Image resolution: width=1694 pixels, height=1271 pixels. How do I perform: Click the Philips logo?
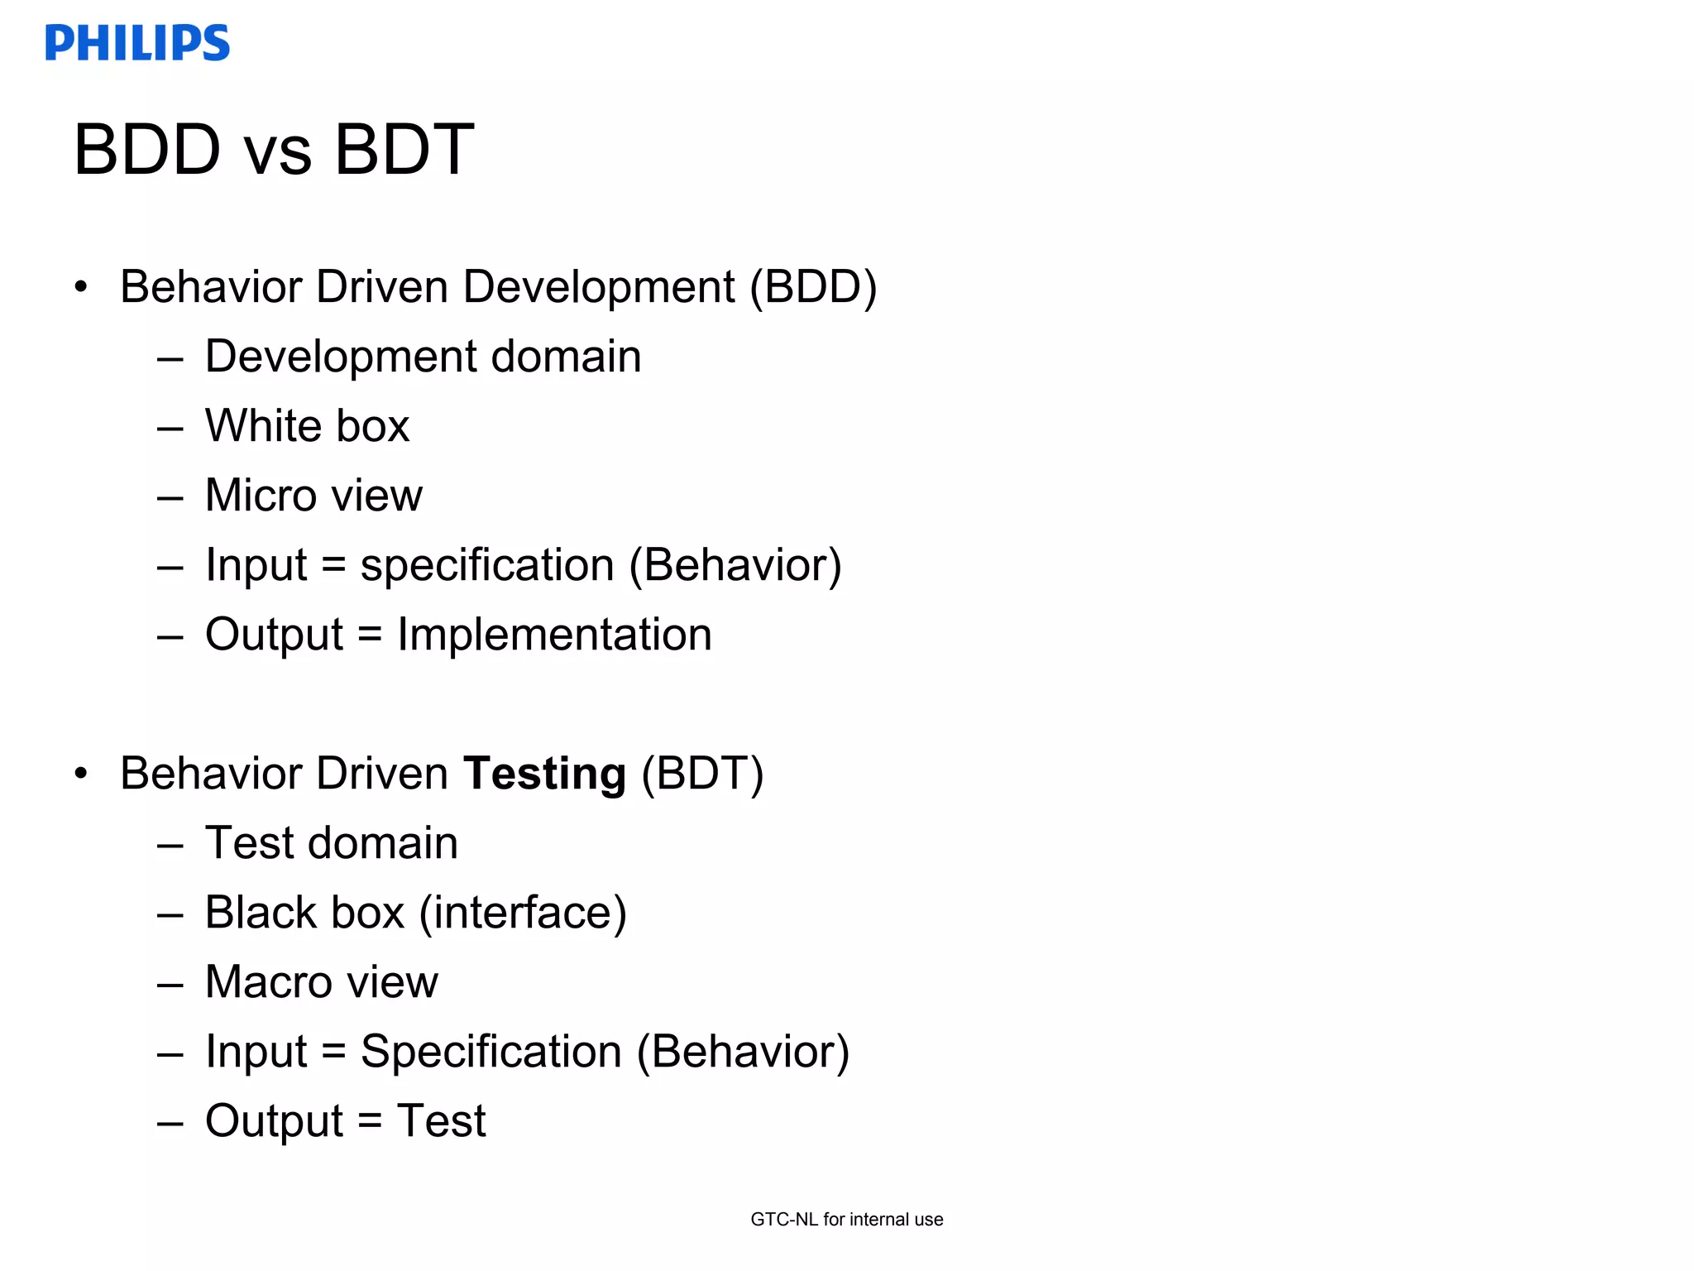click(137, 43)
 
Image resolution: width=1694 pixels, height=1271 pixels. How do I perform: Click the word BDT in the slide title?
click(404, 150)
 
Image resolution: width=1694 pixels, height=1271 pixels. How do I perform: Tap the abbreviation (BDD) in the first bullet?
click(813, 287)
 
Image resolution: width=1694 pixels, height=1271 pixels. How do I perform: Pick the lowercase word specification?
click(487, 565)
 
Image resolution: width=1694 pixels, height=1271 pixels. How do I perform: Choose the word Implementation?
click(554, 635)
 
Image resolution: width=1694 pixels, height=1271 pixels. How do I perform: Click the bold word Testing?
click(544, 775)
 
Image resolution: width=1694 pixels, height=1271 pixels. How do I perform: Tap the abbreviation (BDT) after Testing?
click(702, 774)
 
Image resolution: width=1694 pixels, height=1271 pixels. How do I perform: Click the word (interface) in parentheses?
click(523, 913)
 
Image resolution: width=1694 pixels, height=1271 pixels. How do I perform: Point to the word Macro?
click(267, 982)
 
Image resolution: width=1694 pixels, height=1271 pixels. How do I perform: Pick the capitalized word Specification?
click(490, 1052)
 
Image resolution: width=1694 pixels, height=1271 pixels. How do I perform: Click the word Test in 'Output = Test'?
click(441, 1121)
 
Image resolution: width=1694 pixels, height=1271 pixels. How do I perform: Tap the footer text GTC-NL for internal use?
click(847, 1219)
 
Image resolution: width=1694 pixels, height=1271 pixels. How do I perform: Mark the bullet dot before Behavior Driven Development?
click(80, 287)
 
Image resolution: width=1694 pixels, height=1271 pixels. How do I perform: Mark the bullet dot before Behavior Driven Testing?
click(80, 774)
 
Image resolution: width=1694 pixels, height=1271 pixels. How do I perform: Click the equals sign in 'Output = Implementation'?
click(370, 635)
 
